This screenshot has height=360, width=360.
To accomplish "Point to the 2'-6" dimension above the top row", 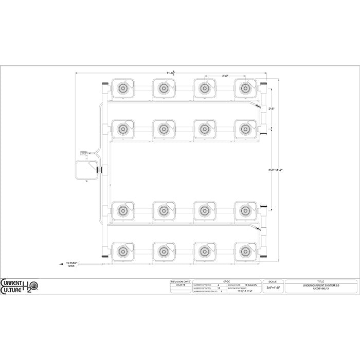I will click(225, 76).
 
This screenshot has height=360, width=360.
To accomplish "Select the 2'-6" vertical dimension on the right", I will click(272, 109).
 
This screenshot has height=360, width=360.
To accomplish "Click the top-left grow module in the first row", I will click(122, 88).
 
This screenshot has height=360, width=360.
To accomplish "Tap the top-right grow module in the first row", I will click(245, 88).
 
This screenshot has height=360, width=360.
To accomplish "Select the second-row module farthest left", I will click(122, 128).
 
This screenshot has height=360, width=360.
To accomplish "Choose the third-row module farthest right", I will click(245, 210).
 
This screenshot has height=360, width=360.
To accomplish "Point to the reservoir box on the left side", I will click(86, 171).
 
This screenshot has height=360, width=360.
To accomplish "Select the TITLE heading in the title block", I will click(320, 281).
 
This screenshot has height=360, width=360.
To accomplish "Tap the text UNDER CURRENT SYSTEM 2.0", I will click(320, 285).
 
